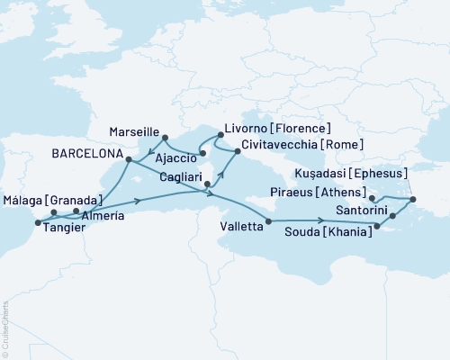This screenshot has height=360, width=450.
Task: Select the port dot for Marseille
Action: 166,138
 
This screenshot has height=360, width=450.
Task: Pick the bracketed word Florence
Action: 304,129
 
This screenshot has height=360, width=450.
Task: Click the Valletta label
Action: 242,229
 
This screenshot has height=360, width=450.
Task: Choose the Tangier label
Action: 63,229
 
